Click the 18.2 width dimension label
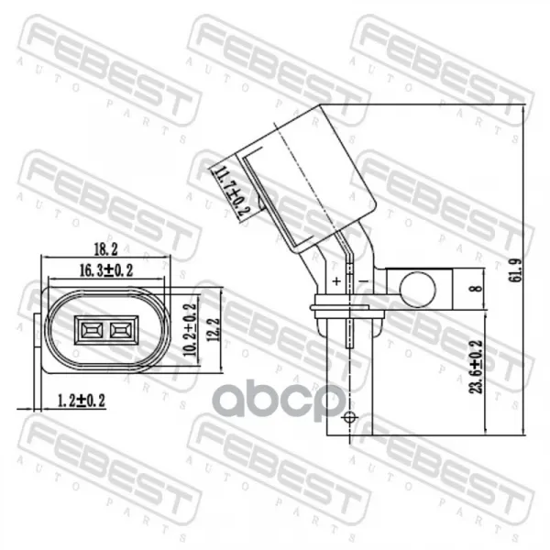(105, 249)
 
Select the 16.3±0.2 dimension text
(106, 270)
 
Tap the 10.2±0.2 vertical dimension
(190, 329)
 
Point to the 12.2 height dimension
(214, 329)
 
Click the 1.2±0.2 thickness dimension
(81, 401)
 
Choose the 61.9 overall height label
(515, 270)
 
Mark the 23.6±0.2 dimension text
(477, 367)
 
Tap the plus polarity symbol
(336, 281)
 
